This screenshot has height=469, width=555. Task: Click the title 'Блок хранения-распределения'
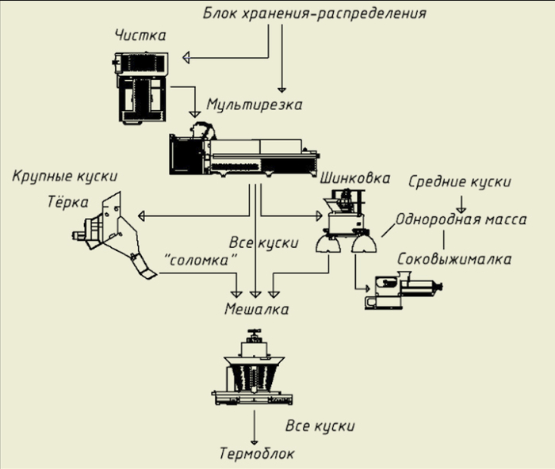click(x=315, y=13)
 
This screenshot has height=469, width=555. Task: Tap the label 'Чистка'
click(x=140, y=36)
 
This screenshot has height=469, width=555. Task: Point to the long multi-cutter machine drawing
click(x=243, y=154)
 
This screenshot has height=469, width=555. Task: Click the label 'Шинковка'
click(x=354, y=178)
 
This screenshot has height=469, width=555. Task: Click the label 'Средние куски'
click(x=459, y=181)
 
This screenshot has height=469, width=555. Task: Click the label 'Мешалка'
click(x=255, y=310)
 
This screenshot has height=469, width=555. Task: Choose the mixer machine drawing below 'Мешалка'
click(x=254, y=369)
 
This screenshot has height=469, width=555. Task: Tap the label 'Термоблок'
click(x=256, y=454)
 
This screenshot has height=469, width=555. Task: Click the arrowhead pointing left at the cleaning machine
click(x=186, y=57)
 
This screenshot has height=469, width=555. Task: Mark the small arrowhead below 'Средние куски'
click(x=463, y=209)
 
